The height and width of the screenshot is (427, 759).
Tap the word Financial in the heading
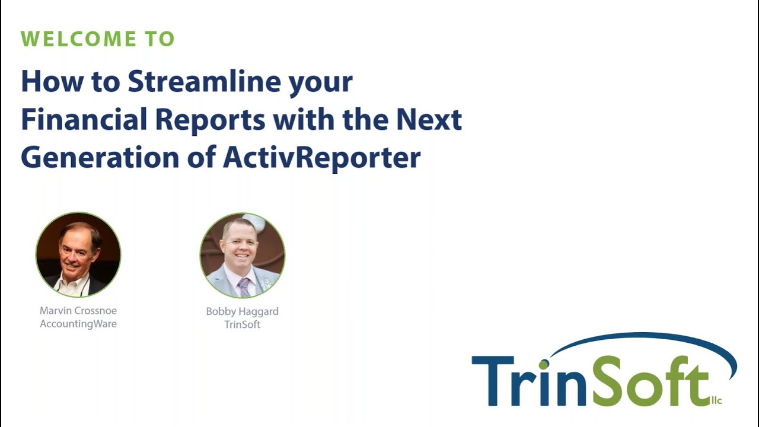84,119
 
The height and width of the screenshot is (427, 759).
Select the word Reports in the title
210,119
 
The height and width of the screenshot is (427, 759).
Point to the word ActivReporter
321,157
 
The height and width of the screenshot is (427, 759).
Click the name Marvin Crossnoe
78,310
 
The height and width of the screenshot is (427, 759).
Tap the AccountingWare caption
78,324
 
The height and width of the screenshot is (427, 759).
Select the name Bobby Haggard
242,311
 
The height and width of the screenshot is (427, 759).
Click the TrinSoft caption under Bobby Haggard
242,324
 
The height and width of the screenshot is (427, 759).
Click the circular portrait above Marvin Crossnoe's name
78,254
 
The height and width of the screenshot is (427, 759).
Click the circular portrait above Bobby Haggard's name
242,255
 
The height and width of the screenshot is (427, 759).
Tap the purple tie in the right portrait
244,288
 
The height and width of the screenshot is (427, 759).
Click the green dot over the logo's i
543,364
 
